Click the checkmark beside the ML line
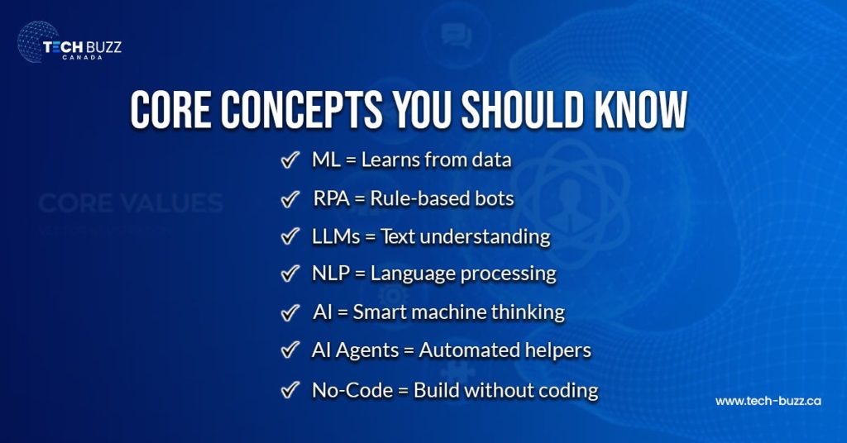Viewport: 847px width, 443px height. point(290,160)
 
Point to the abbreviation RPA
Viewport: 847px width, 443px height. point(330,199)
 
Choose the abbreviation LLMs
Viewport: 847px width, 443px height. point(335,236)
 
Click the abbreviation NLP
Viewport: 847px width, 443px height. point(331,274)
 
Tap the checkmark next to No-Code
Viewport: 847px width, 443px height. point(290,389)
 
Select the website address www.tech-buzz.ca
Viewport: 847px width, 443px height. point(768,401)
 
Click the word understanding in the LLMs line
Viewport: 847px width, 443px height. point(495,236)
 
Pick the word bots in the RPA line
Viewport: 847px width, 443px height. point(495,199)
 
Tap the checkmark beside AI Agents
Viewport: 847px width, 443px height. point(290,350)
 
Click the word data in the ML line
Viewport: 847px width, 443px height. point(490,160)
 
